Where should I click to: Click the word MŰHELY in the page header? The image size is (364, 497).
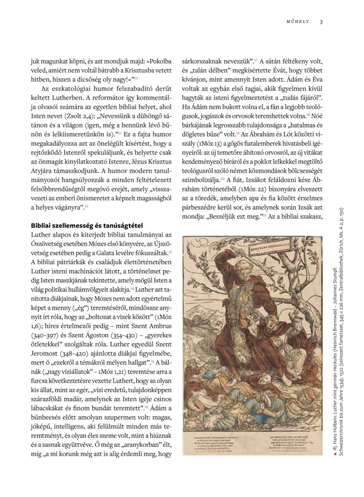click(x=297, y=22)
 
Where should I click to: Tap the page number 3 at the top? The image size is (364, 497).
click(x=321, y=22)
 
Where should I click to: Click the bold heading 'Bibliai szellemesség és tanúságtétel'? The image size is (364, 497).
click(x=87, y=226)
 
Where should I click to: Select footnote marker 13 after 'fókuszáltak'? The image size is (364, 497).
click(x=170, y=251)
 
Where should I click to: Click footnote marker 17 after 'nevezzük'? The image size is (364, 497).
click(x=256, y=61)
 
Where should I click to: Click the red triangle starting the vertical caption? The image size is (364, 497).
click(x=335, y=455)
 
